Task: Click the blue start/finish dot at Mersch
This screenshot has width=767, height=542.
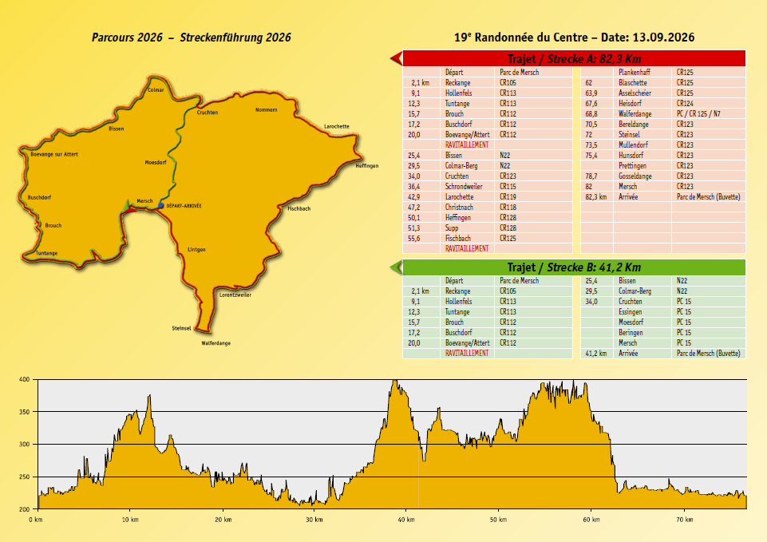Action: tap(161, 206)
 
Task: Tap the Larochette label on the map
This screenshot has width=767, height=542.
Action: tap(337, 127)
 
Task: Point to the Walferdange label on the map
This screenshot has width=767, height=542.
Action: tap(215, 343)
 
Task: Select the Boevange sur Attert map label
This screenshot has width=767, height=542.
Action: tap(54, 155)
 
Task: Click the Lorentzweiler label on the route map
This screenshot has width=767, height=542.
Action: tap(235, 295)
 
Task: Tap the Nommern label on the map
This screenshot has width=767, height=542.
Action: tap(266, 110)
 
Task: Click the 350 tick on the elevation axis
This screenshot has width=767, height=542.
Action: tap(25, 412)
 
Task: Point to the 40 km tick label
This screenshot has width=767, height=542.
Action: tap(406, 520)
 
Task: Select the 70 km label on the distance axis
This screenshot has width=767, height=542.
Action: tap(684, 520)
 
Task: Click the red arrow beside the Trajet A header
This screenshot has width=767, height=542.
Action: tap(396, 59)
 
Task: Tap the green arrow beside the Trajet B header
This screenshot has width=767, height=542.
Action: tap(396, 267)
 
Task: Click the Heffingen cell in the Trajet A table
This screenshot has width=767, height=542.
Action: tap(458, 218)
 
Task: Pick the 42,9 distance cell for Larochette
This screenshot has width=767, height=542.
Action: tap(413, 197)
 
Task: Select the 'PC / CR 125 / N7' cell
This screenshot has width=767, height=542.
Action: tap(698, 114)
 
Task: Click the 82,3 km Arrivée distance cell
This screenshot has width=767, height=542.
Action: tap(596, 197)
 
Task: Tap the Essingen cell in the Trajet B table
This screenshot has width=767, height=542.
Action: tap(630, 312)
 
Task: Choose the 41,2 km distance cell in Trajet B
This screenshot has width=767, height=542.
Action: tap(596, 353)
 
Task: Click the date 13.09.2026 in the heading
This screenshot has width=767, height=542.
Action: tap(663, 38)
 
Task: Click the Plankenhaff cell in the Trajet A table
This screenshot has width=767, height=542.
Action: tap(635, 73)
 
